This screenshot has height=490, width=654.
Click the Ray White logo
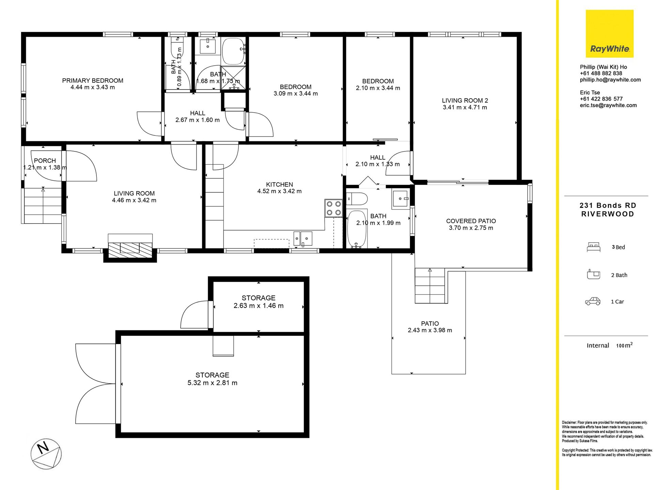609,33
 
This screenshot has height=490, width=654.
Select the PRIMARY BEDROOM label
93,81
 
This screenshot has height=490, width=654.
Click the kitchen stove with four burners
333,208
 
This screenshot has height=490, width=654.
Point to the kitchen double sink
303,238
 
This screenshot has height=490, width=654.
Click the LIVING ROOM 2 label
465,101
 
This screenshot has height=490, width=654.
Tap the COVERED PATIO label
471,221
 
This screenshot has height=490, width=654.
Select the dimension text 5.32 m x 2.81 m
212,383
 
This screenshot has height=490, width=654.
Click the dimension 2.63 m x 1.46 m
259,306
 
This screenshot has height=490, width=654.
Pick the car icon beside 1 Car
593,301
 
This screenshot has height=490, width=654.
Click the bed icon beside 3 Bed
594,247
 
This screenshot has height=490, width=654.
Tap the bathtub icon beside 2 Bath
593,274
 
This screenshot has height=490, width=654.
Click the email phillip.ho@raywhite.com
610,80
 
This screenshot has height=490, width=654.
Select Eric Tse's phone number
601,99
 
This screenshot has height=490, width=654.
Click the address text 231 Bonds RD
608,206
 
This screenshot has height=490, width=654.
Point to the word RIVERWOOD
608,214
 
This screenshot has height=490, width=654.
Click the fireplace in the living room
130,248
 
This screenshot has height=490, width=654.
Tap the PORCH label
45,161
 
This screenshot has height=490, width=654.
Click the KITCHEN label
279,184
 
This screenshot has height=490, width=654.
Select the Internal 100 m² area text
609,345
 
